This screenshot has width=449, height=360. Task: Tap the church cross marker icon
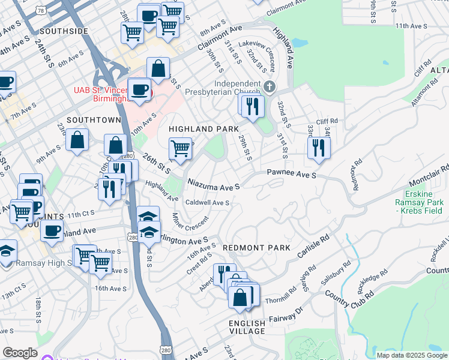click(269, 87)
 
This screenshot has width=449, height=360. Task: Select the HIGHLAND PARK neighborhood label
click(203, 129)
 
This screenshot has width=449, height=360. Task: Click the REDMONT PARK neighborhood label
click(256, 248)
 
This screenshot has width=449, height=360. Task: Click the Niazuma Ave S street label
click(214, 184)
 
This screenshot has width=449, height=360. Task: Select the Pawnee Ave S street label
click(291, 175)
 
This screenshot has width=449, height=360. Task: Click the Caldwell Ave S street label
click(207, 203)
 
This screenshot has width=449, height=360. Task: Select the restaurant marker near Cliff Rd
click(319, 147)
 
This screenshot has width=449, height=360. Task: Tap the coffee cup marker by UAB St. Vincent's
click(139, 90)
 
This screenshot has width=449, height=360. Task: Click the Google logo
click(20, 353)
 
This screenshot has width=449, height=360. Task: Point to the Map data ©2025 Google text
click(412, 355)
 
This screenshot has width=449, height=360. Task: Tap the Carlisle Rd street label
click(315, 247)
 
